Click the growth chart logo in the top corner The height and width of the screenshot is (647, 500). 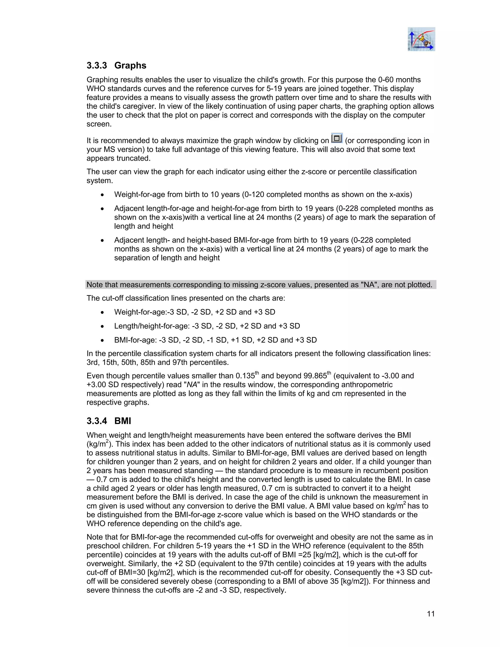(x=421, y=39)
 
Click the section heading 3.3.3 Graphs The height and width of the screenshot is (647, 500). (x=116, y=65)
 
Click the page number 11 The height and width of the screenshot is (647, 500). (x=431, y=614)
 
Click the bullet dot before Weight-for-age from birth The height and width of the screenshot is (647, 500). (x=102, y=195)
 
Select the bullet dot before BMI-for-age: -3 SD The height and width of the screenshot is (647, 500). (x=102, y=340)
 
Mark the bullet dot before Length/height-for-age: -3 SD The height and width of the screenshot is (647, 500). (x=102, y=326)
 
